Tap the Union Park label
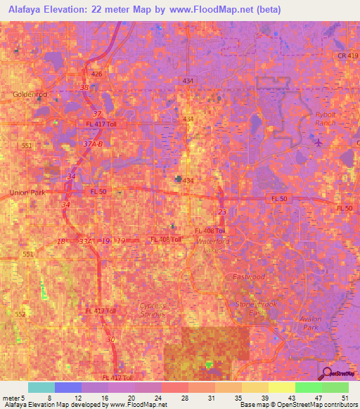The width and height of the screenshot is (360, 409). tap(27, 192)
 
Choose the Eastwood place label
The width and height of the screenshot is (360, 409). tap(248, 277)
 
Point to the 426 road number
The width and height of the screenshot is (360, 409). tap(97, 74)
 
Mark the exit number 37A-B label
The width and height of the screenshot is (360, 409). tap(93, 144)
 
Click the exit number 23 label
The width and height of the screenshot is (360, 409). tap(222, 211)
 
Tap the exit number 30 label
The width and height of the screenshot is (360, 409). tap(110, 340)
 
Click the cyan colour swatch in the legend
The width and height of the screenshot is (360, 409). tap(41, 387)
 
